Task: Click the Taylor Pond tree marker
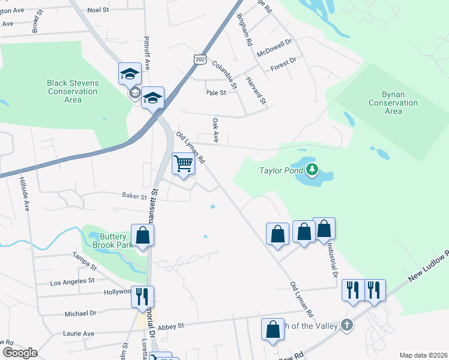312,170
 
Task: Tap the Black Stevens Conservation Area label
73,91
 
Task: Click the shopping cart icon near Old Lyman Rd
183,163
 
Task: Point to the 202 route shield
200,59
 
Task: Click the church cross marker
346,325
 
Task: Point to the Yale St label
215,92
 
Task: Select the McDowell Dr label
274,47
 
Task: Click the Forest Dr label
284,62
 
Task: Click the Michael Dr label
80,313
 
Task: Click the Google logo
20,353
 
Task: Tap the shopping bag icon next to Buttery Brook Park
142,235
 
